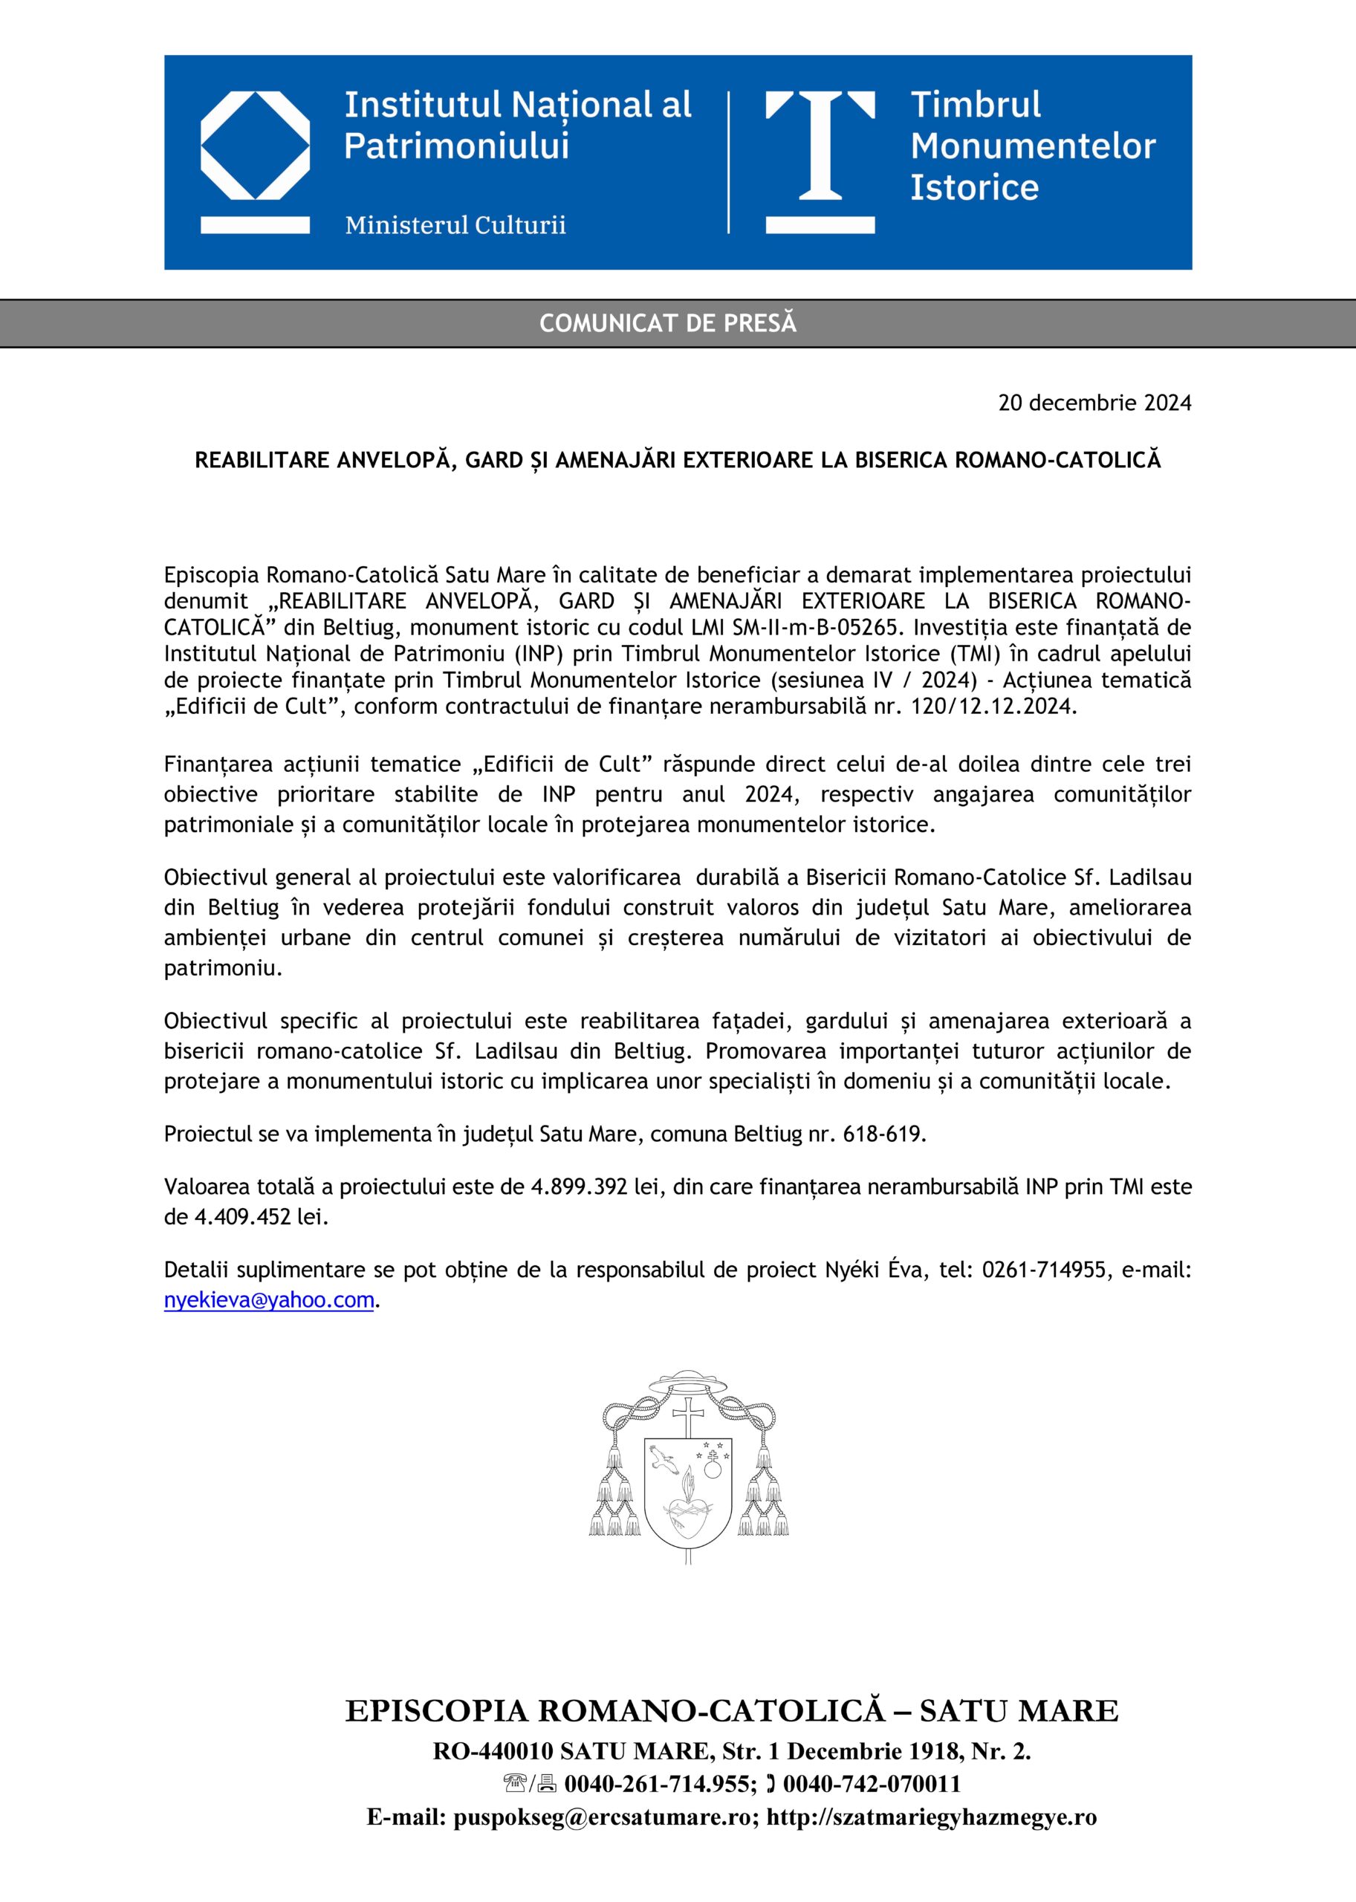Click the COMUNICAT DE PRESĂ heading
tap(668, 323)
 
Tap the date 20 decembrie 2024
tap(1094, 403)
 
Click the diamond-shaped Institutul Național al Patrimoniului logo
tap(256, 147)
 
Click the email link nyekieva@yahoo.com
tap(269, 1300)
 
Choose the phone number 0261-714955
tap(1043, 1270)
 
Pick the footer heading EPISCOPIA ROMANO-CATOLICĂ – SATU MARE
tap(731, 1711)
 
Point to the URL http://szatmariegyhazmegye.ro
tap(931, 1817)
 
